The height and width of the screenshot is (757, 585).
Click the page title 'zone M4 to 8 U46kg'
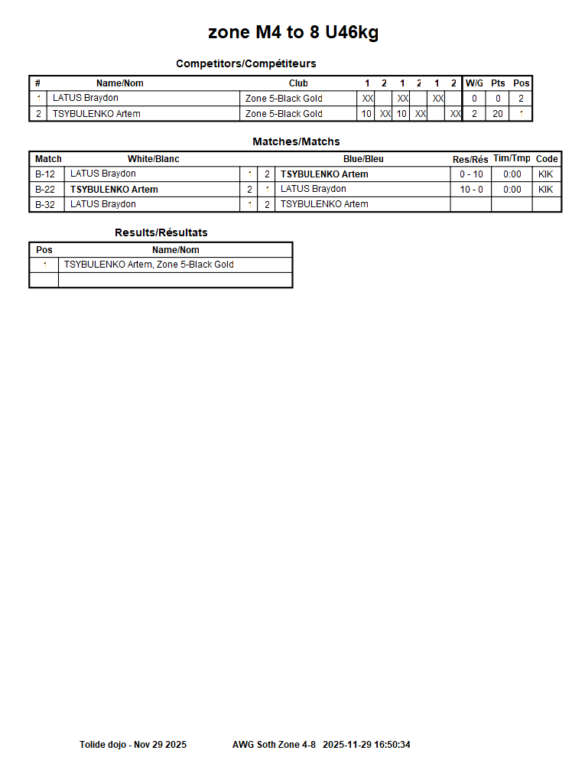(x=293, y=32)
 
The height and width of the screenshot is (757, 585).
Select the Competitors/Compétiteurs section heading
(x=245, y=63)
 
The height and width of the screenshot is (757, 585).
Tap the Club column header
(x=298, y=83)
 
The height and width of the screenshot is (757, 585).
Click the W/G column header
(x=474, y=83)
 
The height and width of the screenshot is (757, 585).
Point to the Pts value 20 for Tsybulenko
(x=498, y=114)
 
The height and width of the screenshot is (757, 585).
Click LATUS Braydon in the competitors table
(x=86, y=99)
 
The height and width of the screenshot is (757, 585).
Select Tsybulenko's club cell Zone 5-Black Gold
(x=284, y=114)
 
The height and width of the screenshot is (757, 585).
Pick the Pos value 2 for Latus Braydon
(x=521, y=99)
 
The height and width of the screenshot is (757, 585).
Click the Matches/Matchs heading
(x=296, y=141)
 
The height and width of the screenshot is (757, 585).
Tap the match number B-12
(x=45, y=174)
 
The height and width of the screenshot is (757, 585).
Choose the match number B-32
(x=45, y=204)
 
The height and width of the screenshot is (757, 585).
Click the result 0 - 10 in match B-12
(x=471, y=174)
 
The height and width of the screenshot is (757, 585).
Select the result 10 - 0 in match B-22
(x=471, y=190)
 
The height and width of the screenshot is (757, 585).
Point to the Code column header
(x=547, y=159)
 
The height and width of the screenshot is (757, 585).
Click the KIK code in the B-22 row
(x=545, y=190)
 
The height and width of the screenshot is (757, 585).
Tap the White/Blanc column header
(x=153, y=159)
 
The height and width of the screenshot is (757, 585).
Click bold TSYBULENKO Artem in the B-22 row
(x=114, y=190)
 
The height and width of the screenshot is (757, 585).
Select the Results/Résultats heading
(x=161, y=232)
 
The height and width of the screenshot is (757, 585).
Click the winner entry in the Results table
(x=149, y=265)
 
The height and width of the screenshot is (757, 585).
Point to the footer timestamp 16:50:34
(x=392, y=744)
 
